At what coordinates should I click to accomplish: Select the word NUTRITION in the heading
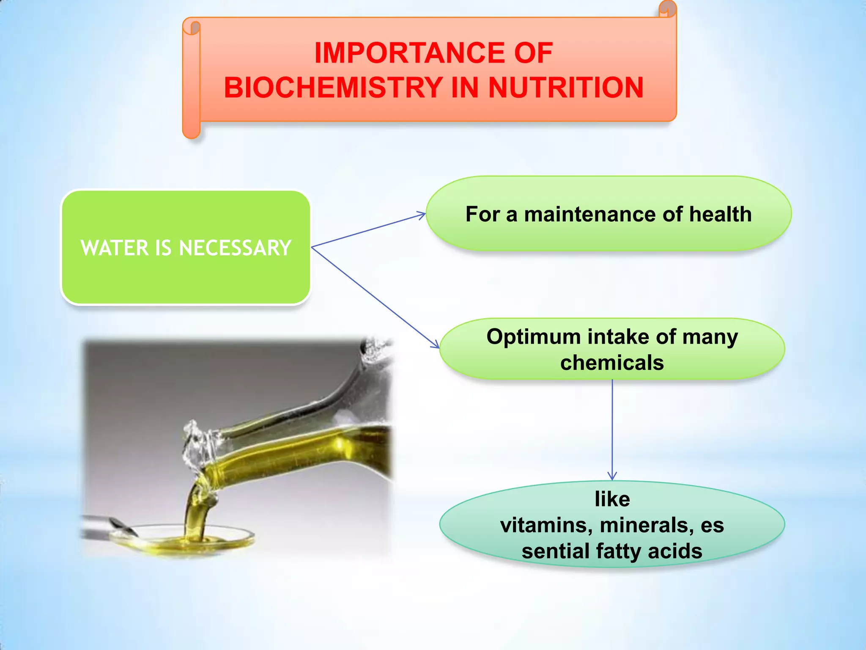point(565,88)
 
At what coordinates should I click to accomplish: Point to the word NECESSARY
point(235,248)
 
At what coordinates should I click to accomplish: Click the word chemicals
point(612,363)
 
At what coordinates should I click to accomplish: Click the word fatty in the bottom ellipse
point(618,551)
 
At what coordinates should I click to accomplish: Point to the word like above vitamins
point(612,499)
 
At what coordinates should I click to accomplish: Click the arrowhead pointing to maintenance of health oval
point(422,215)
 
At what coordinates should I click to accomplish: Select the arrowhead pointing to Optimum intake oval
point(436,344)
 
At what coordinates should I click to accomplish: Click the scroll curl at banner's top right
point(668,8)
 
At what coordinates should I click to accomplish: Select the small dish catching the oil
point(182,539)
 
